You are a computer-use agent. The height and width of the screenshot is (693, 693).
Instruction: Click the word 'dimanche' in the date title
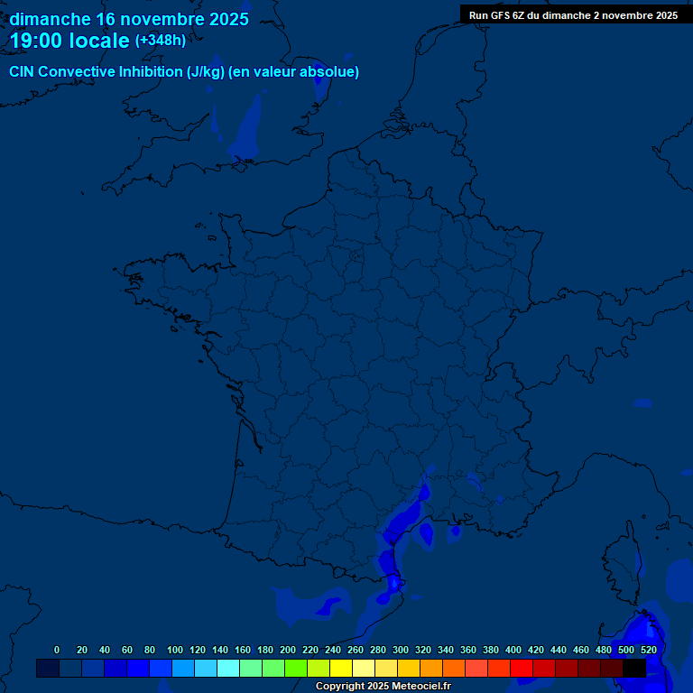(x=49, y=19)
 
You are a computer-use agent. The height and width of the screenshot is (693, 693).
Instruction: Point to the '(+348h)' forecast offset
(x=161, y=41)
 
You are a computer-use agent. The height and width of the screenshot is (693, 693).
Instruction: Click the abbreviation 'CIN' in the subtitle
(x=22, y=72)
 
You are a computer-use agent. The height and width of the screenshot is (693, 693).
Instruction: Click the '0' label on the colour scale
(x=57, y=650)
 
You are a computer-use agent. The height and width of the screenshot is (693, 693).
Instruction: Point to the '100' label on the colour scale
(x=175, y=650)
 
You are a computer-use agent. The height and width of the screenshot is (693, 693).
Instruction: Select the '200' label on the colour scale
(x=288, y=650)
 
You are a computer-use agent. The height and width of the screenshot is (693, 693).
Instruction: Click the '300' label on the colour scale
(x=401, y=650)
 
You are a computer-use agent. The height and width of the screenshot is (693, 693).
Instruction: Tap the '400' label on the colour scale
(x=513, y=650)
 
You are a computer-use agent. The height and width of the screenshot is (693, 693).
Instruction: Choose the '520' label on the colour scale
(x=648, y=650)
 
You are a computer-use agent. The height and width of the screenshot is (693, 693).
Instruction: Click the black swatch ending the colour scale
(x=634, y=668)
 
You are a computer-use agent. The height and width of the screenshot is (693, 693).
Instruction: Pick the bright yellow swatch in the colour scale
(x=341, y=668)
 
